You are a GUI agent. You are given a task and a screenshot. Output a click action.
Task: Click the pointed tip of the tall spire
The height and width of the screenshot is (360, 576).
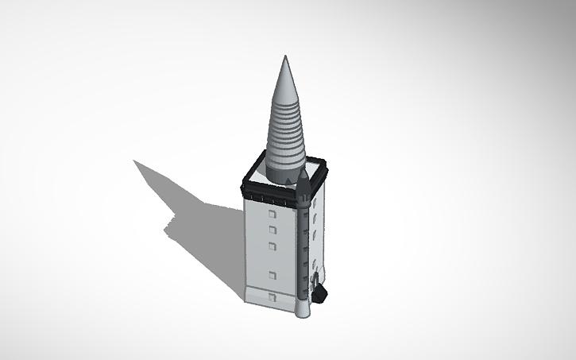(x=286, y=58)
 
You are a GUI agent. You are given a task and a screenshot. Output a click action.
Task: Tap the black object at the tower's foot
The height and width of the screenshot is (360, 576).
(x=319, y=295)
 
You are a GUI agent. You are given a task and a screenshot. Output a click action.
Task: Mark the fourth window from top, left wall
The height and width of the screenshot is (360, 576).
(x=273, y=275)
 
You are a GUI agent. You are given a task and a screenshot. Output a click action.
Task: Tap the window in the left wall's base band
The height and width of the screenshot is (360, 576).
(x=273, y=296)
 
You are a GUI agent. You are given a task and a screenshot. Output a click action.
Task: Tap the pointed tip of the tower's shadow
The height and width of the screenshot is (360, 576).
(x=135, y=161)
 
